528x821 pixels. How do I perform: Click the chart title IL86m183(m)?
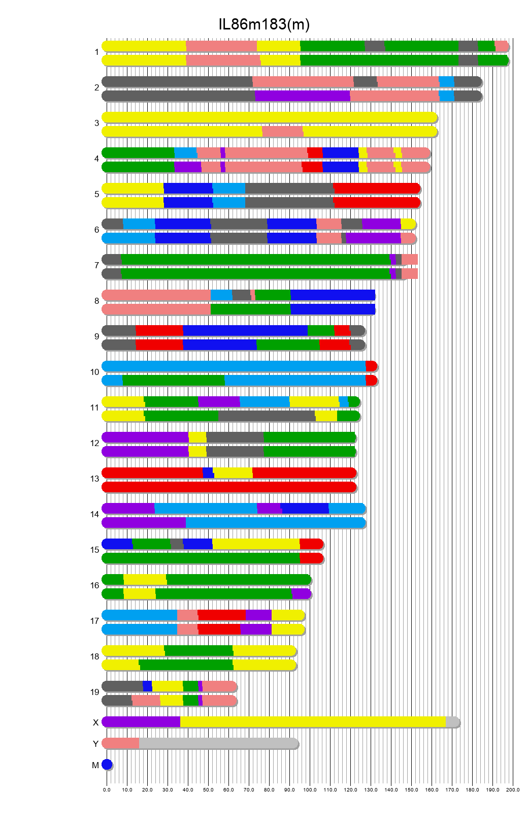[264, 24]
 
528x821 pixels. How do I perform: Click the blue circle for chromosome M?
[107, 765]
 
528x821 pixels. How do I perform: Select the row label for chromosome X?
[95, 722]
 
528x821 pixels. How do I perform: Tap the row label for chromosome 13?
[95, 479]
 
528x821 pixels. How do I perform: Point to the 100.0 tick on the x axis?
[310, 790]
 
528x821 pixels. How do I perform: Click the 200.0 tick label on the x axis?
[513, 790]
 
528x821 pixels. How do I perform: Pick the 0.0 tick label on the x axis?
[107, 790]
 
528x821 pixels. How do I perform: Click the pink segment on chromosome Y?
[121, 743]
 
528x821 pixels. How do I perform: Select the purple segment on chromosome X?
[141, 722]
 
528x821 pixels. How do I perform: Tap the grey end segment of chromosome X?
[452, 722]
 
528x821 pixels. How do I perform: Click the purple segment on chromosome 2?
[302, 96]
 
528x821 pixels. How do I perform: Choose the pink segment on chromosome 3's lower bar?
[282, 132]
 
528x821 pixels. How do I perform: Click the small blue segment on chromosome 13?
[208, 473]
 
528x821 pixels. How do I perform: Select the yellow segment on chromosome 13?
[233, 473]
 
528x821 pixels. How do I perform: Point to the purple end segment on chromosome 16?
[301, 594]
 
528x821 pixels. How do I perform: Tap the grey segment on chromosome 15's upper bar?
[177, 544]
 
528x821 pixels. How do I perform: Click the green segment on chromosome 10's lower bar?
[173, 381]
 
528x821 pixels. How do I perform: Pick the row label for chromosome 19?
[95, 692]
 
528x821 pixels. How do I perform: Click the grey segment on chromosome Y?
[218, 743]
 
